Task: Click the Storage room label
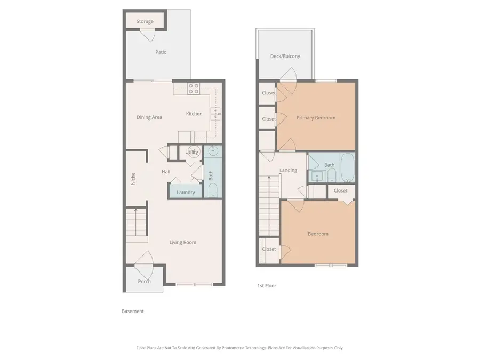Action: pos(145,21)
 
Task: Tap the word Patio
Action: pos(161,52)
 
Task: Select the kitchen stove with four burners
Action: pos(193,89)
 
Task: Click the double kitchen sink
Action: pos(215,113)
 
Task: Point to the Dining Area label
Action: pos(149,117)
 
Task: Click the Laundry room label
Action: pos(186,193)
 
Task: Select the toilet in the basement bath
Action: pos(213,190)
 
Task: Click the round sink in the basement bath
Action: pos(213,150)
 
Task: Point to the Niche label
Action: pos(133,178)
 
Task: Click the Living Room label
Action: pos(183,242)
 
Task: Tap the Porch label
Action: pos(144,282)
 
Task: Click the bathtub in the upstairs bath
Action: pos(348,167)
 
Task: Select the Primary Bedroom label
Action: pos(316,118)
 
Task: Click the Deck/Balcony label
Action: pos(285,56)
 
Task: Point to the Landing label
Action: pos(288,171)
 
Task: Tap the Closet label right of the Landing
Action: pos(340,190)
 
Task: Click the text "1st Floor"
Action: pos(267,286)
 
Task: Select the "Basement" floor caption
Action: pos(133,311)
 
